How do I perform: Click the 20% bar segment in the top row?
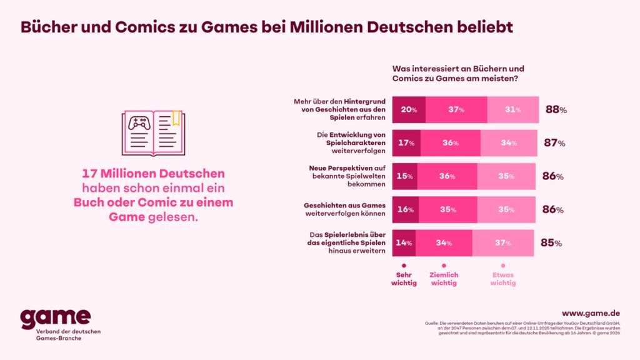409,109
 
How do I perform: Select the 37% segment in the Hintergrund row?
456,109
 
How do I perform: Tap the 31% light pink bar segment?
513,109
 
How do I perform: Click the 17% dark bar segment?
406,142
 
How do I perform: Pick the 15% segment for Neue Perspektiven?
404,176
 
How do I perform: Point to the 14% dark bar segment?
404,243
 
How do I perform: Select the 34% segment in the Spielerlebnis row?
443,243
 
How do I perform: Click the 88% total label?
556,109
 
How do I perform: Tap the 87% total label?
554,142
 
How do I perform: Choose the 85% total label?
551,243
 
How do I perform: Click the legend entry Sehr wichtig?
404,278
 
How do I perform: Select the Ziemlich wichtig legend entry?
443,278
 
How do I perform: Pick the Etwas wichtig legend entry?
503,278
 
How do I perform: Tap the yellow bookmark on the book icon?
176,118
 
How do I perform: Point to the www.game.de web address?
590,312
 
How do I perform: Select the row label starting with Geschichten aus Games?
344,209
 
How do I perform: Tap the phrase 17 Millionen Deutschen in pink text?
153,174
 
